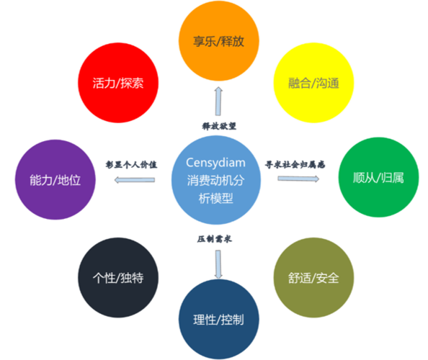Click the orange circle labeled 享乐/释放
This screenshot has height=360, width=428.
coord(218,41)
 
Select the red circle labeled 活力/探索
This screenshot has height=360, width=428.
coord(118,83)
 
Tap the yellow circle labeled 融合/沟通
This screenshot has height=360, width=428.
coord(313,83)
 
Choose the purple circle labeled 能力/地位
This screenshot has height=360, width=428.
coord(55,179)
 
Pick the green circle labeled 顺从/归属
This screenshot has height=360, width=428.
coord(378,177)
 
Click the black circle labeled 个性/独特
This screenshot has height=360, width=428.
coord(118,278)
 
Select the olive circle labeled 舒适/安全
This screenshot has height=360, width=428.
coord(313,278)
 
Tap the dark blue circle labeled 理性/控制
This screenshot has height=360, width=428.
coord(218,320)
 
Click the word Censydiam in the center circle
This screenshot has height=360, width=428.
coord(215,163)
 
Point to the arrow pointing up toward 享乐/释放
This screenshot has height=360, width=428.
coord(218,102)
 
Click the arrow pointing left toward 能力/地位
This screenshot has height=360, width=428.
coord(135,180)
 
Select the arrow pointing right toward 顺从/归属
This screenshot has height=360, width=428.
coord(298,179)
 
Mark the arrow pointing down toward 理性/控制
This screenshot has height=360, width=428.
coord(218,264)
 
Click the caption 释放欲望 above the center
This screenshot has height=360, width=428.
coord(219,126)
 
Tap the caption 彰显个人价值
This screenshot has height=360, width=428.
coord(131,164)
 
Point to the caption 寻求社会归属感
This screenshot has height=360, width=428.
coord(295,164)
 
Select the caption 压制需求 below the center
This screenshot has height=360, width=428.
coord(215,239)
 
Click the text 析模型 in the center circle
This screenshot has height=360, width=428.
coord(215,198)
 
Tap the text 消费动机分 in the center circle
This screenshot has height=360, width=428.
coord(215,181)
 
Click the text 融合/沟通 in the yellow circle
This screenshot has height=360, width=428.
coord(313,83)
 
